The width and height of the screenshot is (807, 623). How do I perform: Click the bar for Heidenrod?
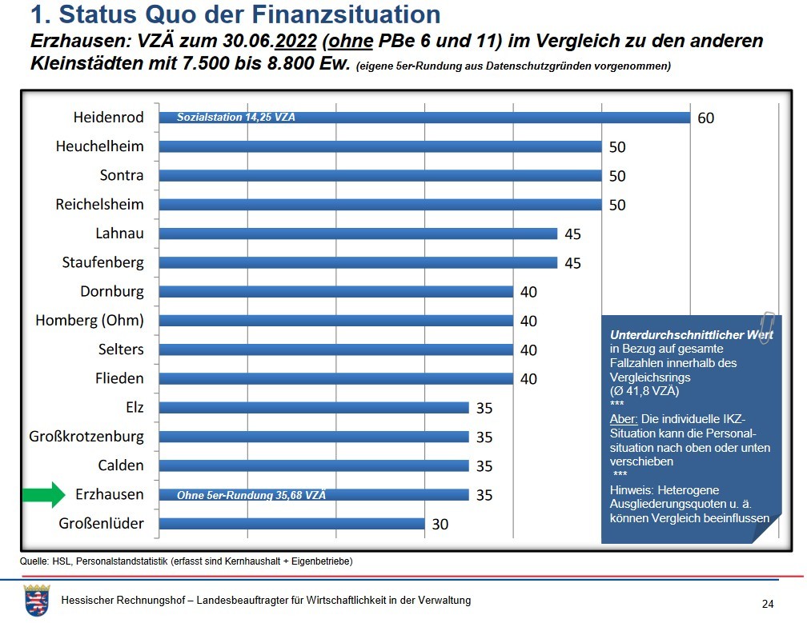point(424,118)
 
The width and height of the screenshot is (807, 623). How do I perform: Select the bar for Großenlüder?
point(291,524)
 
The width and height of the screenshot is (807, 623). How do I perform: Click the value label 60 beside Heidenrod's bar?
point(705,118)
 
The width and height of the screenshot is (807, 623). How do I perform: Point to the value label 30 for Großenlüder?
point(440,525)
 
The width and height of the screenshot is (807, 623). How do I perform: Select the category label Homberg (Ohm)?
point(90,321)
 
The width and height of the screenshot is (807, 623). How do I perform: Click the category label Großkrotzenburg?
point(86,437)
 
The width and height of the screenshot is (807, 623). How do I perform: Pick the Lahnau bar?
point(358,234)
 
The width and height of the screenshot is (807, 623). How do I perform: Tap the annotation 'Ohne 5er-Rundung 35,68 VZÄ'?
point(251,495)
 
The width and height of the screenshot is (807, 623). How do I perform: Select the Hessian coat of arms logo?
point(37,600)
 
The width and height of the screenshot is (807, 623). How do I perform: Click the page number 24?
point(768,603)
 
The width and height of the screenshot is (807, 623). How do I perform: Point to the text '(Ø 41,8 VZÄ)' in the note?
point(644,391)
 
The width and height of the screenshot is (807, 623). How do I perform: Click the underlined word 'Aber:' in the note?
point(624,420)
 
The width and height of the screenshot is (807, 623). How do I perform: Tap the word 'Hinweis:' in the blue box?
point(632,489)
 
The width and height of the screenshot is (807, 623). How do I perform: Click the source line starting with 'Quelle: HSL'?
point(186,561)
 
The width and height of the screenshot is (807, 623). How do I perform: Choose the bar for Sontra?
point(380,175)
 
